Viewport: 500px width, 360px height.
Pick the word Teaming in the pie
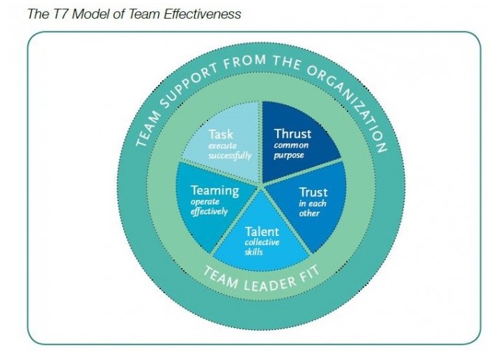(x=215, y=190)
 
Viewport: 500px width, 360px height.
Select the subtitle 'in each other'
(x=311, y=208)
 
